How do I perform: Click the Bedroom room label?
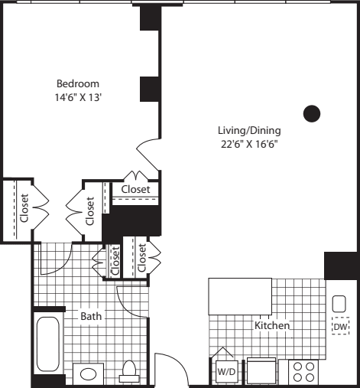pos(77,83)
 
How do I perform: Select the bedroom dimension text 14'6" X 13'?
pos(77,97)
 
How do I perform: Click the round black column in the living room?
pos(311,113)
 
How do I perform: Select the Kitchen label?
pos(272,325)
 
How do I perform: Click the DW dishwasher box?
pos(339,327)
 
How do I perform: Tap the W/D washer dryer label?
pos(226,372)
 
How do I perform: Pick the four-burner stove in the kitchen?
pos(303,371)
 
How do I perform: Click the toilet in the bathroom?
pos(128,370)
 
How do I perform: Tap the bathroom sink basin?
pos(89,373)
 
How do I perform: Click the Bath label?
pos(92,315)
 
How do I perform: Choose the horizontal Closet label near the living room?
pos(136,189)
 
